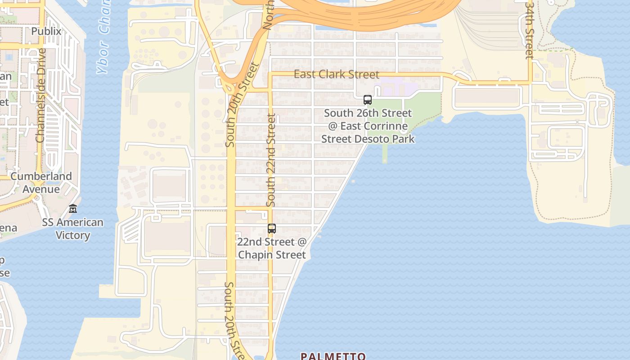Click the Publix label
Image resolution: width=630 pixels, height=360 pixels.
46,31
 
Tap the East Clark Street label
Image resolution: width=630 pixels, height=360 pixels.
337,74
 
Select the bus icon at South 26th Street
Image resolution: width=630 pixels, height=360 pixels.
368,100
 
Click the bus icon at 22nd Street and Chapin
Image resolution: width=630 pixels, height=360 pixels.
272,228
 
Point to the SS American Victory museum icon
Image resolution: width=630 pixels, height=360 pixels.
73,209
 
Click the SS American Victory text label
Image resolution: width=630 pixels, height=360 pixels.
73,229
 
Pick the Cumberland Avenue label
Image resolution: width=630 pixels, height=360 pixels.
41,182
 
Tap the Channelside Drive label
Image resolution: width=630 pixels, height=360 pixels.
41,95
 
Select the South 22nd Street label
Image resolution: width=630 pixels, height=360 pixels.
271,160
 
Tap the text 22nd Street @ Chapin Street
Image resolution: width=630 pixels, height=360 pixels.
272,248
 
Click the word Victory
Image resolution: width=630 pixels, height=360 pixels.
73,235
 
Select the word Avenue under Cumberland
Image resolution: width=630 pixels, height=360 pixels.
41,189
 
